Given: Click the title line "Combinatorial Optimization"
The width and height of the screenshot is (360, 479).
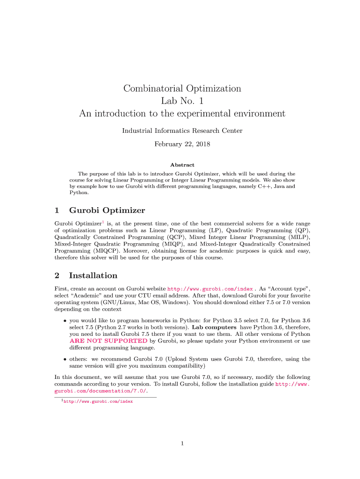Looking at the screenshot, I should point(182,88).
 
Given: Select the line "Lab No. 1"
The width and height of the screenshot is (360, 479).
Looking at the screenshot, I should point(182,101).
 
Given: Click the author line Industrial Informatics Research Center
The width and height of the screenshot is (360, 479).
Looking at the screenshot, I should point(182,131).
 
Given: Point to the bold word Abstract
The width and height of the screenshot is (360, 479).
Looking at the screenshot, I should point(182,165).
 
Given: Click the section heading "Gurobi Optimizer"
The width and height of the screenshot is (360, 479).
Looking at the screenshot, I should point(107,210).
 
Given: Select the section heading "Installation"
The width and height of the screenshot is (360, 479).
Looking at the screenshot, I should point(93,276).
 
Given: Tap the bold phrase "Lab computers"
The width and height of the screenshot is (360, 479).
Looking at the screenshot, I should point(214,327).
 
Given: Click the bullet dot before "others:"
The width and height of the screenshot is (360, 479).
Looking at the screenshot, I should point(65,360).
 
